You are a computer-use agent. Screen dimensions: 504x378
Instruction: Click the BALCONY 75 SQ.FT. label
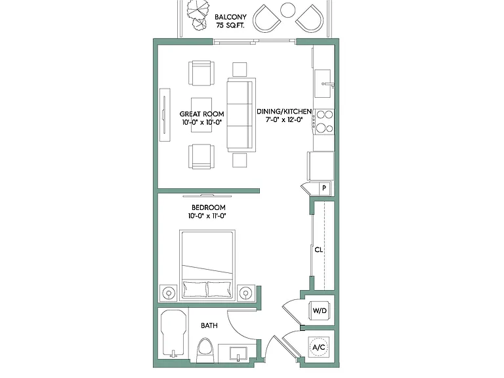tap(230, 21)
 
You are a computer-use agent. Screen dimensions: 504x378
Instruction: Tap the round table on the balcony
tap(287, 10)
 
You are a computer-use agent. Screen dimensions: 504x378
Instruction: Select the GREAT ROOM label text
tap(202, 114)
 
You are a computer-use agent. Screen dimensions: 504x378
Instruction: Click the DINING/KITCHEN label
tap(284, 112)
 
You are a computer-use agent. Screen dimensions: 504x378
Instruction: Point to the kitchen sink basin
tap(323, 83)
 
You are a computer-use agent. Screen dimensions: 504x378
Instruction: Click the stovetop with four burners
tap(324, 121)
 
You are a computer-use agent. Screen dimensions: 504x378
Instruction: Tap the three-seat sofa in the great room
tap(241, 114)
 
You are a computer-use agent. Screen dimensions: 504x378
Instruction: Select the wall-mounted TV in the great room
tap(165, 114)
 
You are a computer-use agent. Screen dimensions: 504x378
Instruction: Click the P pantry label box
tap(324, 188)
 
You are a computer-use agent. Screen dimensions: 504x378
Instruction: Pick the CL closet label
tap(318, 249)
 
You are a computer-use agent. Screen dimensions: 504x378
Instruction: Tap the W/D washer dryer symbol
tap(320, 310)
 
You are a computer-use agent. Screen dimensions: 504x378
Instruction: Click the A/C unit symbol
tap(318, 347)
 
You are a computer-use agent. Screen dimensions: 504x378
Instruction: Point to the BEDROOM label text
tap(208, 207)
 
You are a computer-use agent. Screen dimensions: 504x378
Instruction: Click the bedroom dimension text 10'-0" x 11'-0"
tap(207, 216)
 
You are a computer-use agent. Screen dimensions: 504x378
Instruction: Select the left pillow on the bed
tap(194, 289)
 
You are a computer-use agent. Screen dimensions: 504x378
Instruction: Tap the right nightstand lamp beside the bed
tap(245, 293)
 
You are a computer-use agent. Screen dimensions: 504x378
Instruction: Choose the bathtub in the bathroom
tap(173, 333)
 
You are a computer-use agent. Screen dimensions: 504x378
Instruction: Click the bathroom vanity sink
tap(238, 354)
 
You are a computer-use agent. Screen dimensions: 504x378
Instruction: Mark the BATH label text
tap(209, 325)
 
